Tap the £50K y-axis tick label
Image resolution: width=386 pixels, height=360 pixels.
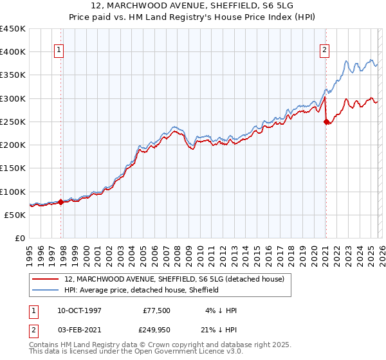pos(15,215)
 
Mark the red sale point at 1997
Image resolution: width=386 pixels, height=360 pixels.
pos(61,202)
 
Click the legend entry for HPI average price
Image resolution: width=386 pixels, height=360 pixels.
pos(142,290)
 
